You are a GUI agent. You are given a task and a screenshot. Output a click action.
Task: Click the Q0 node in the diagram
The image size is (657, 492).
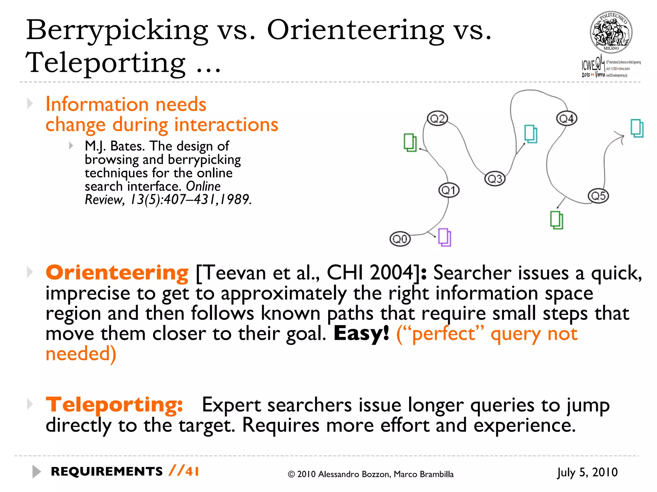[400, 239]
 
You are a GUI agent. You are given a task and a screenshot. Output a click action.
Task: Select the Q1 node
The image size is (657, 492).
[449, 190]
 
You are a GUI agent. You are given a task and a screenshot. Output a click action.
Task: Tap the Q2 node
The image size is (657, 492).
[437, 119]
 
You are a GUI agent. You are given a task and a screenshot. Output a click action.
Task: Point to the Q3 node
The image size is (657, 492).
[495, 178]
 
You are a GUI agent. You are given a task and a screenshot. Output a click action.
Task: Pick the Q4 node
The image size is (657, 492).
[566, 119]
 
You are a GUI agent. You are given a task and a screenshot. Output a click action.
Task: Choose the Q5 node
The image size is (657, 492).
[598, 196]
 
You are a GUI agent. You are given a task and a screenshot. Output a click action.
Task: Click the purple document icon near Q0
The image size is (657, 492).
[445, 237]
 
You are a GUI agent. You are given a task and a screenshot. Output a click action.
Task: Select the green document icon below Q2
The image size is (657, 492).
[410, 143]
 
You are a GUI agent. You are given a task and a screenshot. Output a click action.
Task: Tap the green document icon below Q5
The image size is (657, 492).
[557, 220]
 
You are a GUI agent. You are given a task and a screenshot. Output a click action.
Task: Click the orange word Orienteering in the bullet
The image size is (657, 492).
[117, 273]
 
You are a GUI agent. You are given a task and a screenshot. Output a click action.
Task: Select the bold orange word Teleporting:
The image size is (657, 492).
[114, 405]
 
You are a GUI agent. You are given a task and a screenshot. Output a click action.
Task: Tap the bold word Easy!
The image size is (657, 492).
[361, 333]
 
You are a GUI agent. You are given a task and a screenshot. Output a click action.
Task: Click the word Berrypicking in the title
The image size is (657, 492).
[117, 30]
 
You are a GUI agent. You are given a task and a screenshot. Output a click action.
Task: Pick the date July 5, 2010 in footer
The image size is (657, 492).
[587, 472]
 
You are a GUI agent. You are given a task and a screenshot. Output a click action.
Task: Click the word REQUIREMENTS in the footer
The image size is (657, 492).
[107, 471]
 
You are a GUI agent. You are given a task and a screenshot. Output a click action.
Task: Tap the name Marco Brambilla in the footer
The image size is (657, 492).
[423, 474]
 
